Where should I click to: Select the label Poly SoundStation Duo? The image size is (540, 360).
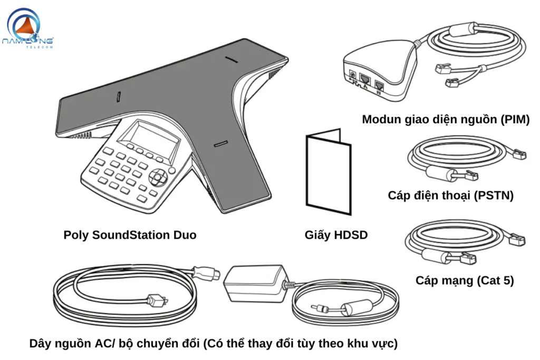pos(130,235)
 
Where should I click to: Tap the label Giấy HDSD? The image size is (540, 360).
pos(336,235)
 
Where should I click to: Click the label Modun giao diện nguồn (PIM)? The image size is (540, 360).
pos(446,120)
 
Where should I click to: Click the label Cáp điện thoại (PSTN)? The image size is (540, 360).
pos(450,196)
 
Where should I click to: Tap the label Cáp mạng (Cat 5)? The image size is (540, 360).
pos(465,280)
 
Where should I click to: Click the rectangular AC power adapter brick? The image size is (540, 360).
pos(254,284)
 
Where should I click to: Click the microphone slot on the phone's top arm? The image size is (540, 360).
pos(230,59)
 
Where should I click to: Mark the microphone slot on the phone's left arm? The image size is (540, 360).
pos(119,96)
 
